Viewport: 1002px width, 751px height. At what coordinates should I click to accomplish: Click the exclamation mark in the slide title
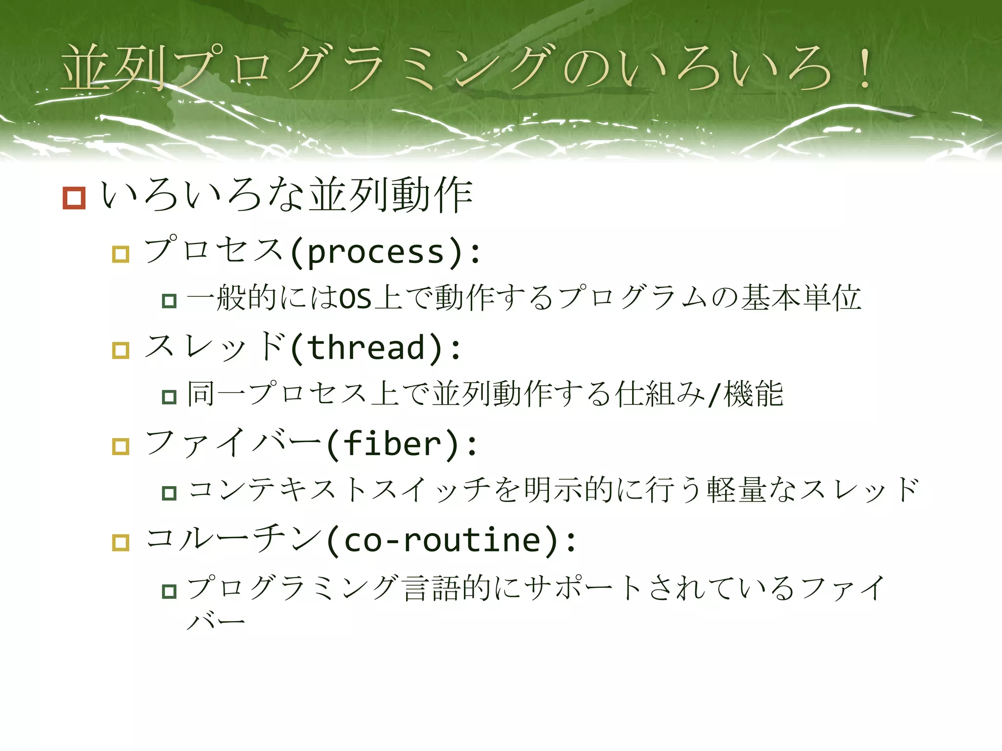coord(865,68)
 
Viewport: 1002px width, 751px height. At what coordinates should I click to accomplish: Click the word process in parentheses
coord(376,253)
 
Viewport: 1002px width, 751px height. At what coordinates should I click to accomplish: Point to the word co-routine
coord(443,541)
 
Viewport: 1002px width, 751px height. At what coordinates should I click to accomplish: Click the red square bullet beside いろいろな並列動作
coord(74,198)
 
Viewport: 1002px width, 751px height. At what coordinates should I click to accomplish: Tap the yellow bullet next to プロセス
coord(120,254)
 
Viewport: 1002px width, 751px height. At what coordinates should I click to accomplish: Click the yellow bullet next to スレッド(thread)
coord(120,350)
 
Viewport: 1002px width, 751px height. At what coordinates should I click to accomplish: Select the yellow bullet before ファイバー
coord(120,446)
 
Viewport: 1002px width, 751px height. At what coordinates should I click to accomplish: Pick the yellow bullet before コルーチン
coord(120,543)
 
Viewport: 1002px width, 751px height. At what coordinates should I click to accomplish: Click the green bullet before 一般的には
coord(169,300)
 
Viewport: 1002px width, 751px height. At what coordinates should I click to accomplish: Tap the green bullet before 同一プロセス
coord(169,397)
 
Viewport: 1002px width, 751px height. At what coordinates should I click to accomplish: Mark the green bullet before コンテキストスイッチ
coord(169,493)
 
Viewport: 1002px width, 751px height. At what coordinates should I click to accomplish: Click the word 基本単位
coord(801,298)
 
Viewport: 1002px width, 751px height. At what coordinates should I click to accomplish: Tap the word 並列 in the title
coord(114,68)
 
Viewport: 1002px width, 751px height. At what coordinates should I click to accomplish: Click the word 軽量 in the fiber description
coord(736,490)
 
